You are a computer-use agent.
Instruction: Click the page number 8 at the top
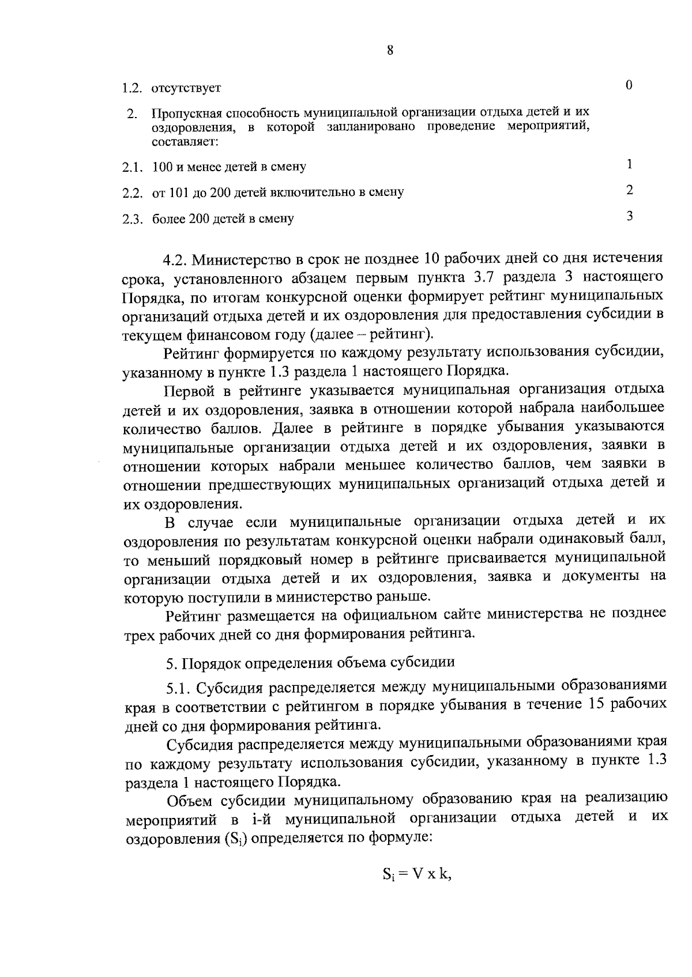pyautogui.click(x=390, y=51)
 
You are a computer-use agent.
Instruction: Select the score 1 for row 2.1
pyautogui.click(x=630, y=164)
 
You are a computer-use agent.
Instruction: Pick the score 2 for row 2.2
pyautogui.click(x=630, y=190)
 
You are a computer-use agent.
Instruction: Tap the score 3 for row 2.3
pyautogui.click(x=630, y=216)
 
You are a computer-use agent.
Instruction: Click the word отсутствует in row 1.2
pyautogui.click(x=186, y=88)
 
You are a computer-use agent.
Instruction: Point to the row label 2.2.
pyautogui.click(x=133, y=193)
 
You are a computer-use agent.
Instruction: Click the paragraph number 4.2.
pyautogui.click(x=175, y=260)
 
